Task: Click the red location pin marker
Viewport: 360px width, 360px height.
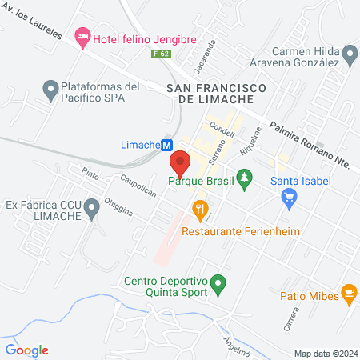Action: (x=179, y=163)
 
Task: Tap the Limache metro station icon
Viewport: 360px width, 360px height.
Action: (x=167, y=146)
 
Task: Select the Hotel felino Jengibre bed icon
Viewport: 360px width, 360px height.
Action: (x=81, y=37)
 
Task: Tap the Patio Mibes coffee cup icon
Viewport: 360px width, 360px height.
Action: (x=348, y=294)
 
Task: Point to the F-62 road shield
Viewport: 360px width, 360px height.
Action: (x=162, y=54)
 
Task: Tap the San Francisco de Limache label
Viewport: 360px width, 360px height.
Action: (x=210, y=91)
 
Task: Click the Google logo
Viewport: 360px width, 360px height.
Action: (x=26, y=350)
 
